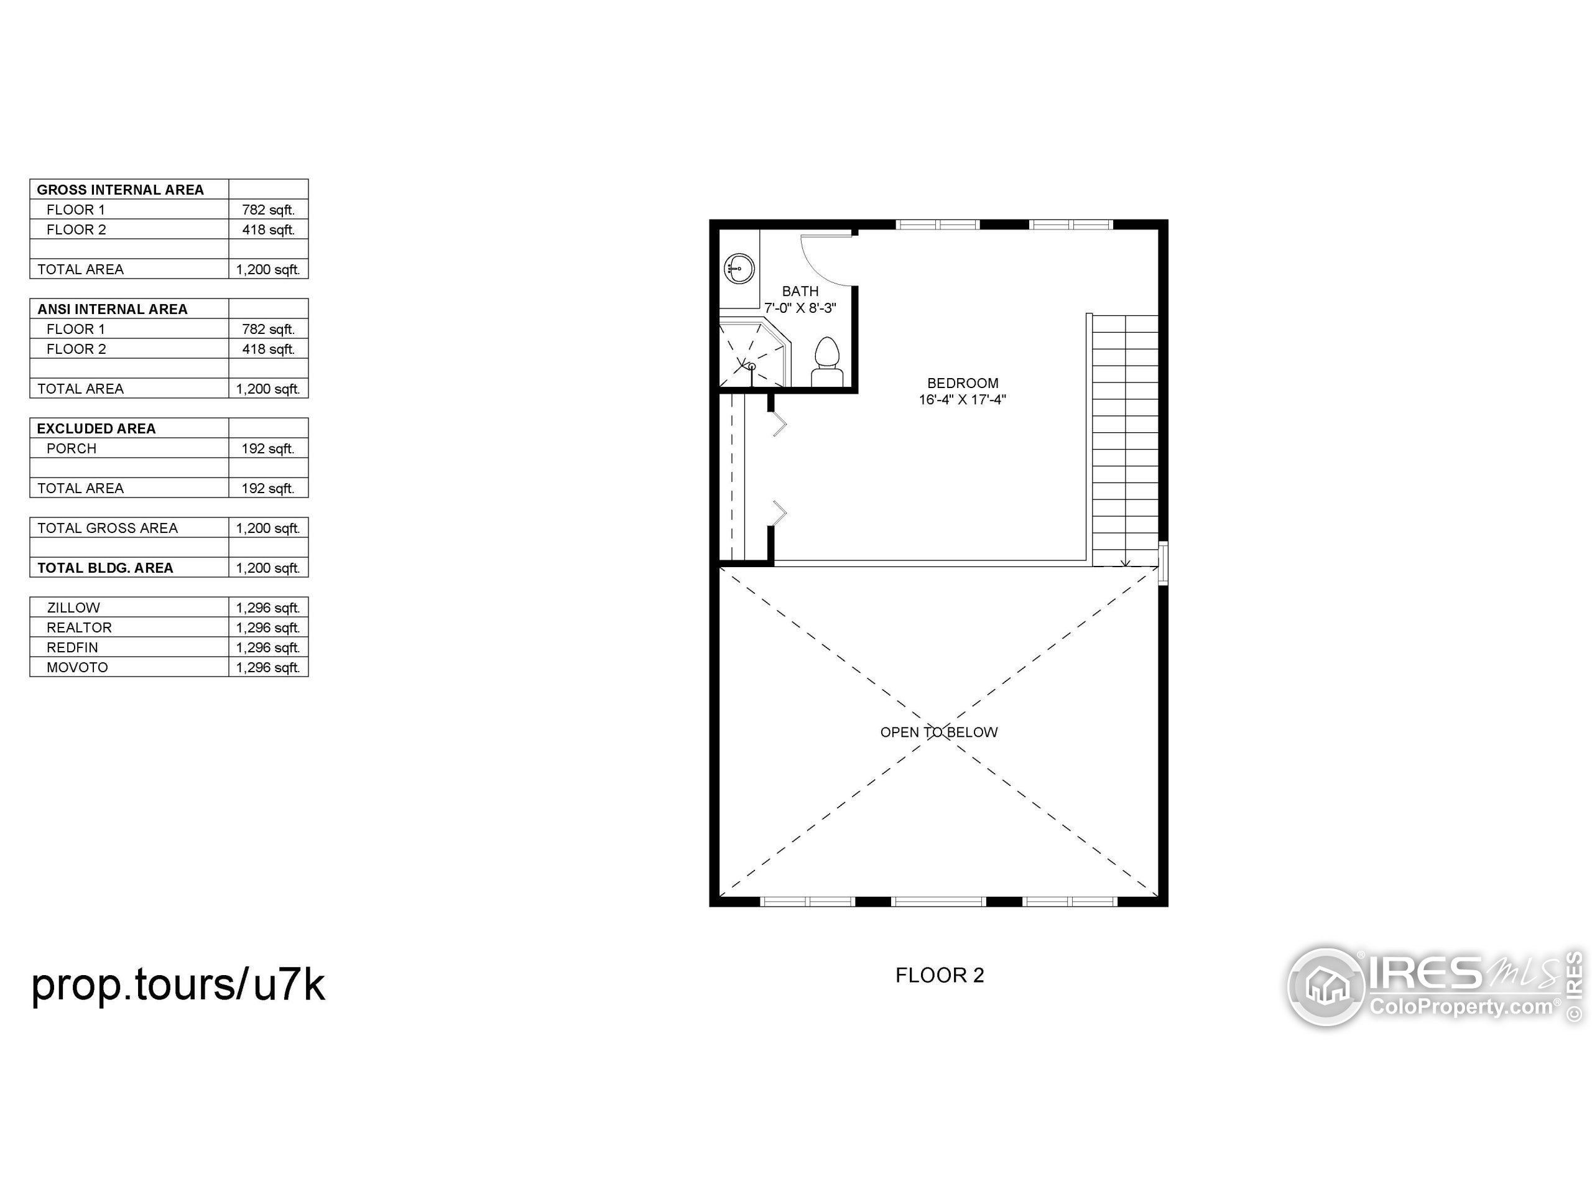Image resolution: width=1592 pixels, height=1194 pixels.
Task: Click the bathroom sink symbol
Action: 738,269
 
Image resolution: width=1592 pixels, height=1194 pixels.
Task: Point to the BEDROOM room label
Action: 962,383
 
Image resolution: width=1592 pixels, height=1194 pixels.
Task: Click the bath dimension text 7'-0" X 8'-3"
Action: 800,308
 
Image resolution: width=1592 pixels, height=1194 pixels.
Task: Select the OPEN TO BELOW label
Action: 938,732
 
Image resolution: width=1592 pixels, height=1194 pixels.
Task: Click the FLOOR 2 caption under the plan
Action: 939,975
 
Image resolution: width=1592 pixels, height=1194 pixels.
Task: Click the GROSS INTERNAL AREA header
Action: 120,189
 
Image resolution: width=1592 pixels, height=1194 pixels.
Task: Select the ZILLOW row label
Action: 73,608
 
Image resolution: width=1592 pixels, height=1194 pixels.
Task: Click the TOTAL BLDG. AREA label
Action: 105,568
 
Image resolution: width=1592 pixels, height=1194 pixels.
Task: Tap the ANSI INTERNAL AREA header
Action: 113,308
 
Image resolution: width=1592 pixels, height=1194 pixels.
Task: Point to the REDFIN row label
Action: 72,647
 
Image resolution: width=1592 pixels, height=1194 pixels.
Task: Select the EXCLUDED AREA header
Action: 96,428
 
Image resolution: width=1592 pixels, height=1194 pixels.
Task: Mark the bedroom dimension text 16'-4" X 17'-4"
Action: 962,399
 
